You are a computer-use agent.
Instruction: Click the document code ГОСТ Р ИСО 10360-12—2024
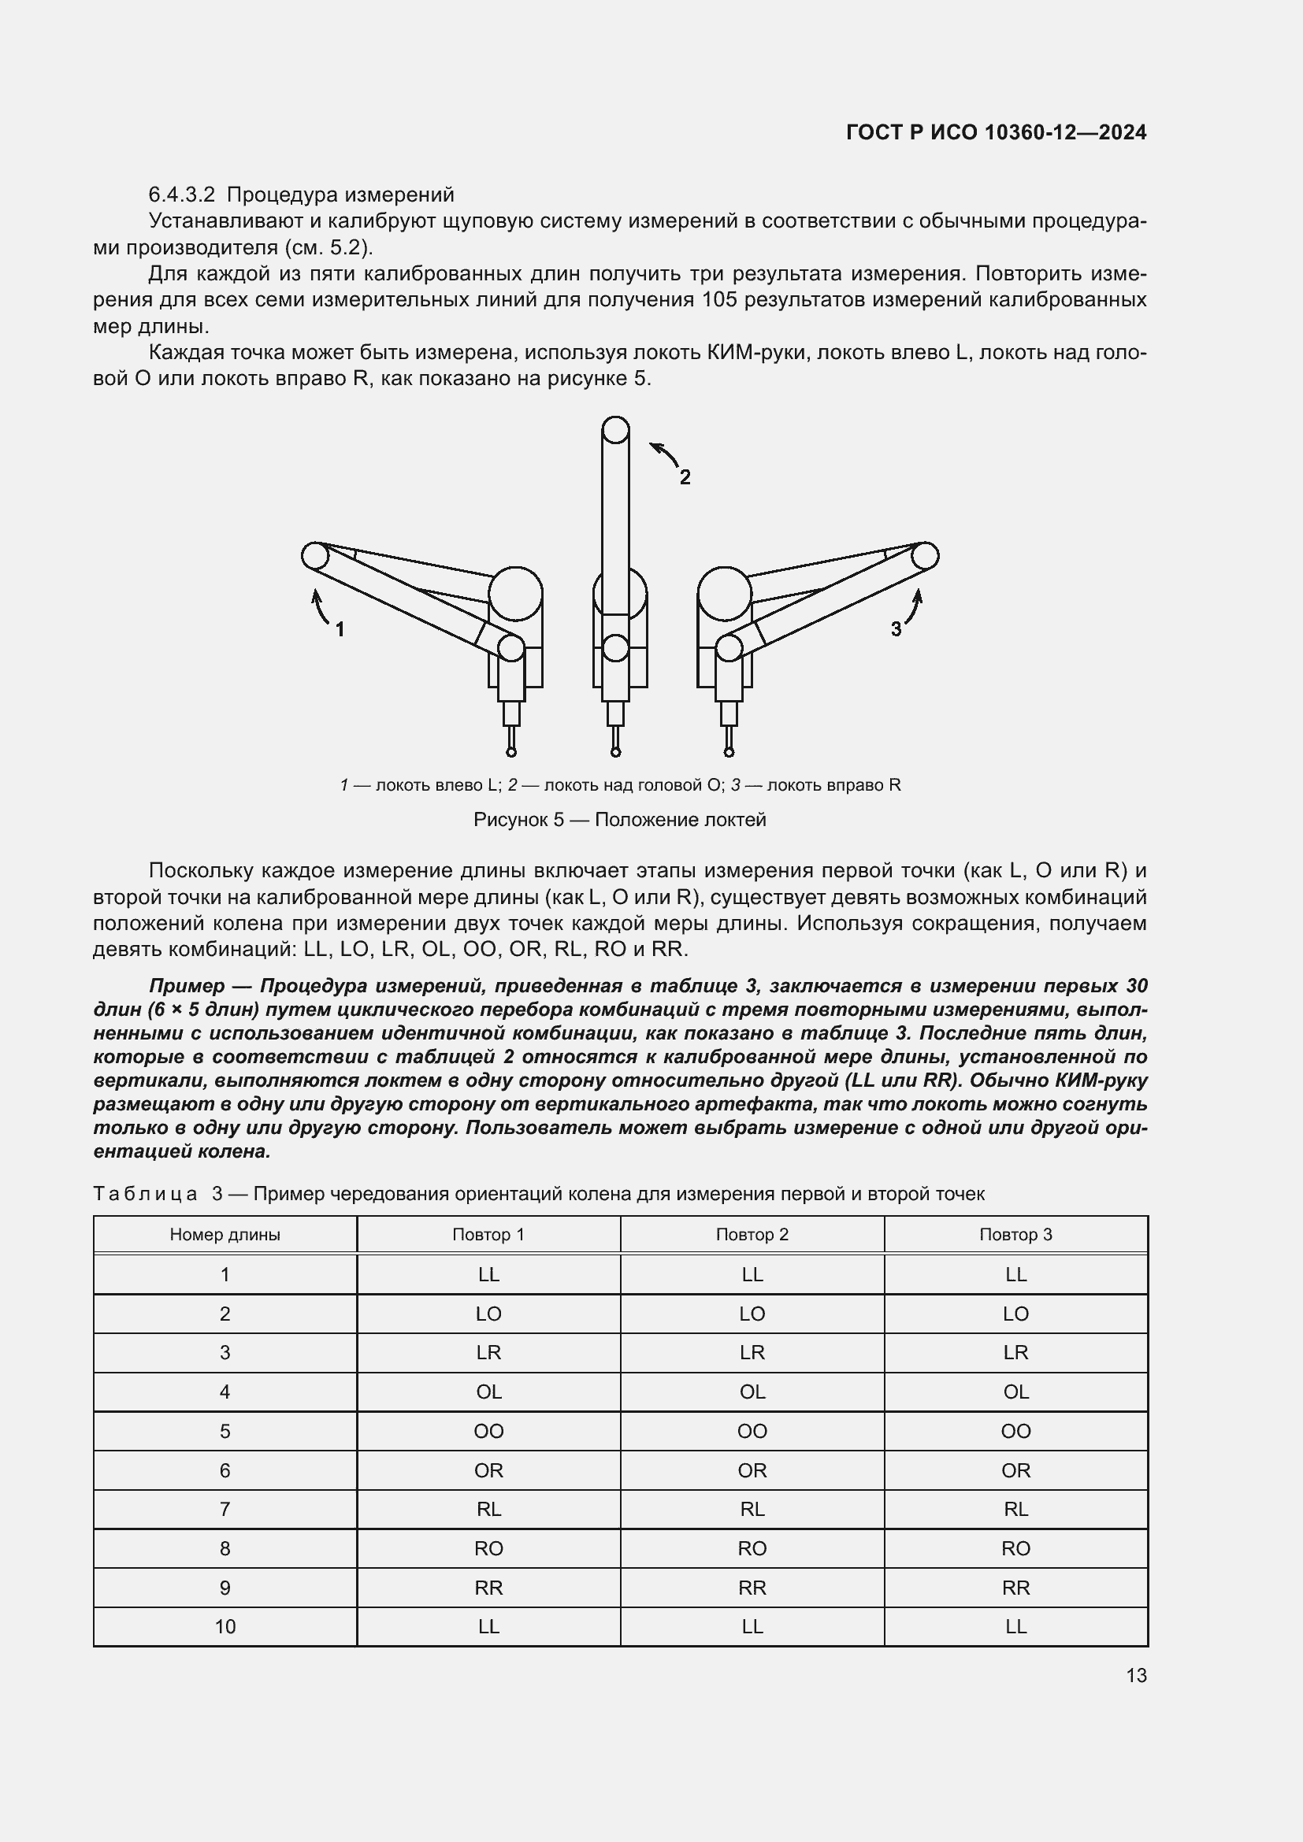click(996, 132)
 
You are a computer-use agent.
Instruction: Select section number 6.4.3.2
click(182, 195)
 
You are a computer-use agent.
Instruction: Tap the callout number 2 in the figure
click(685, 477)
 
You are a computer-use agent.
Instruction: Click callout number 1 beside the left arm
click(340, 629)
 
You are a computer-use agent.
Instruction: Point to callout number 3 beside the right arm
click(897, 630)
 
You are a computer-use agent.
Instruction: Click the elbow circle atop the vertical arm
click(615, 430)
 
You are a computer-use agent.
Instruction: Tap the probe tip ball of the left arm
click(511, 752)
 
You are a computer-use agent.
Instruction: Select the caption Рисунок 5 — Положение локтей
click(619, 820)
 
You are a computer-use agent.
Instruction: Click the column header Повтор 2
click(752, 1235)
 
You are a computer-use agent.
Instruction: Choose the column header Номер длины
click(225, 1235)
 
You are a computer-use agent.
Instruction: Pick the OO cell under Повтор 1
click(488, 1431)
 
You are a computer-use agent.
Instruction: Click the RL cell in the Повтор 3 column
click(1015, 1510)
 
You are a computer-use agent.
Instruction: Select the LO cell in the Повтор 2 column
click(752, 1314)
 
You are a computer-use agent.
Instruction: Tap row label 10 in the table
click(225, 1627)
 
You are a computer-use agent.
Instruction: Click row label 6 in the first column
click(225, 1470)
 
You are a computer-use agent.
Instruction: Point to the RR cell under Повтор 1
click(488, 1588)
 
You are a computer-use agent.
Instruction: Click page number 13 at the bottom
click(1136, 1676)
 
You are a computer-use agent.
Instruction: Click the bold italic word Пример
click(186, 986)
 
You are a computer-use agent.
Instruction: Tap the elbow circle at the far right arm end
click(924, 555)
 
